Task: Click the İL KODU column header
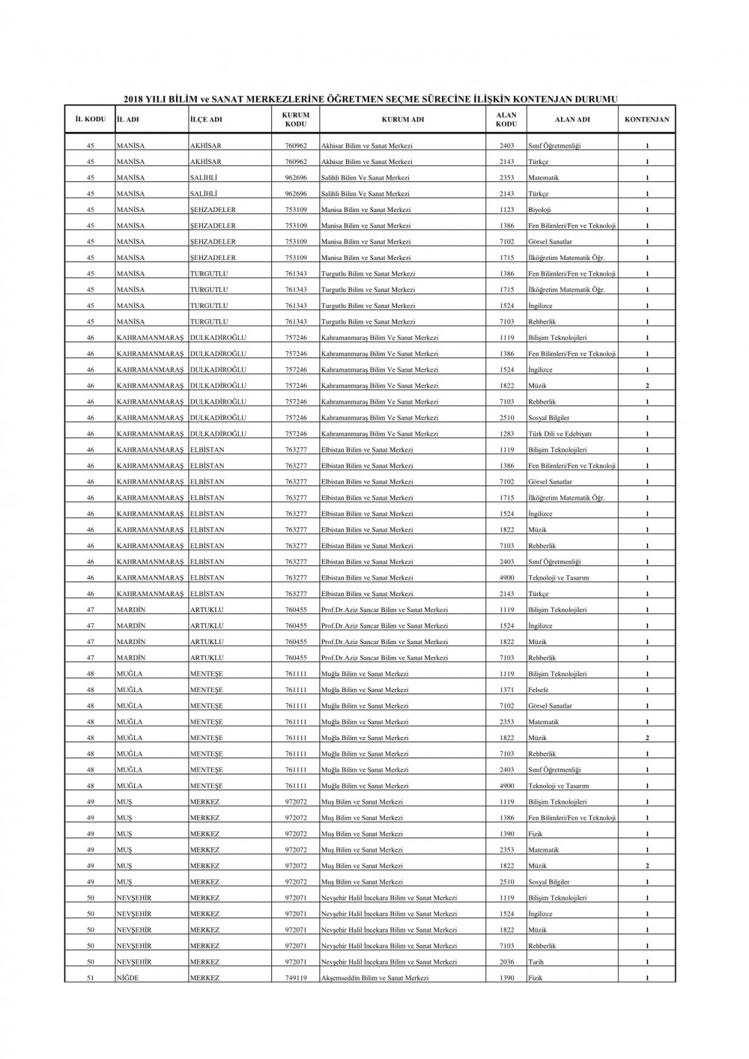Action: click(x=90, y=119)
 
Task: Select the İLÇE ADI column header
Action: click(x=206, y=119)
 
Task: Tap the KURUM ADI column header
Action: click(x=402, y=119)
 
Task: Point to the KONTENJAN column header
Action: click(x=646, y=119)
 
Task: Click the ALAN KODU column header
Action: click(x=506, y=119)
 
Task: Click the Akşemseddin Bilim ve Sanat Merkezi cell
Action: click(x=374, y=978)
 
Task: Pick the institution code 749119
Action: click(x=296, y=978)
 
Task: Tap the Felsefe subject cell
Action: click(x=539, y=690)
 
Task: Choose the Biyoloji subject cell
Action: click(x=539, y=210)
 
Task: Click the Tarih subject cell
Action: click(x=536, y=962)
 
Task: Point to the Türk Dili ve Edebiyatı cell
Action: click(x=560, y=434)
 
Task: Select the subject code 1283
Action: click(x=507, y=434)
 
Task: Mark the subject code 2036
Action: click(x=507, y=962)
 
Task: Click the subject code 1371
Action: click(x=507, y=690)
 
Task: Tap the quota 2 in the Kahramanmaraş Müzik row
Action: click(x=647, y=386)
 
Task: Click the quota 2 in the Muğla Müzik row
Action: click(x=647, y=738)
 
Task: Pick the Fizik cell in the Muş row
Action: click(x=536, y=834)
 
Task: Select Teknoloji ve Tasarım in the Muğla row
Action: click(x=559, y=786)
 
